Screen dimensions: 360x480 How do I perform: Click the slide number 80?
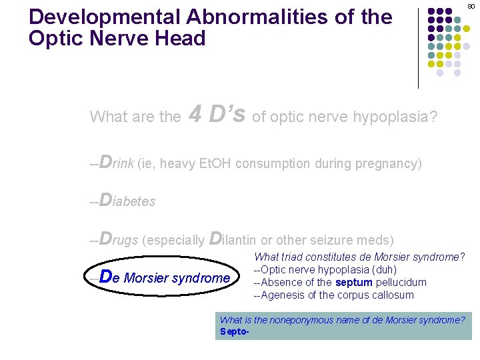pyautogui.click(x=471, y=6)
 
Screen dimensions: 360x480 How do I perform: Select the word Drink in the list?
pyautogui.click(x=116, y=163)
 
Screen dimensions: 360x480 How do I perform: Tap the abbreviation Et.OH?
pyautogui.click(x=215, y=163)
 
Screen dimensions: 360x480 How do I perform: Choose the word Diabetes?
pyautogui.click(x=127, y=201)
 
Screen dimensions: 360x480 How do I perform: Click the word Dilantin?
pyautogui.click(x=233, y=239)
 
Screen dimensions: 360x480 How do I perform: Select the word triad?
pyautogui.click(x=293, y=257)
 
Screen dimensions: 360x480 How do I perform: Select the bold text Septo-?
pyautogui.click(x=234, y=331)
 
